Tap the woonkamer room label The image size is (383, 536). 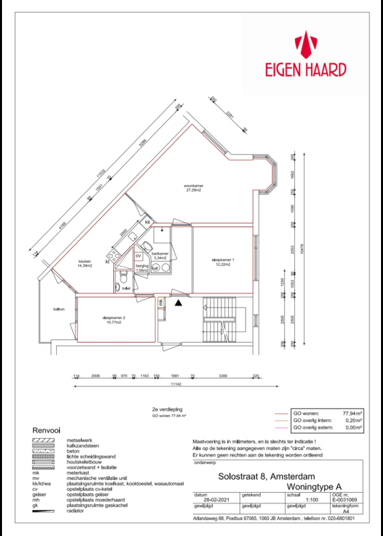(194, 187)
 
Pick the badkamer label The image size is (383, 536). (159, 255)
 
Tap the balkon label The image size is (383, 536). (59, 309)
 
